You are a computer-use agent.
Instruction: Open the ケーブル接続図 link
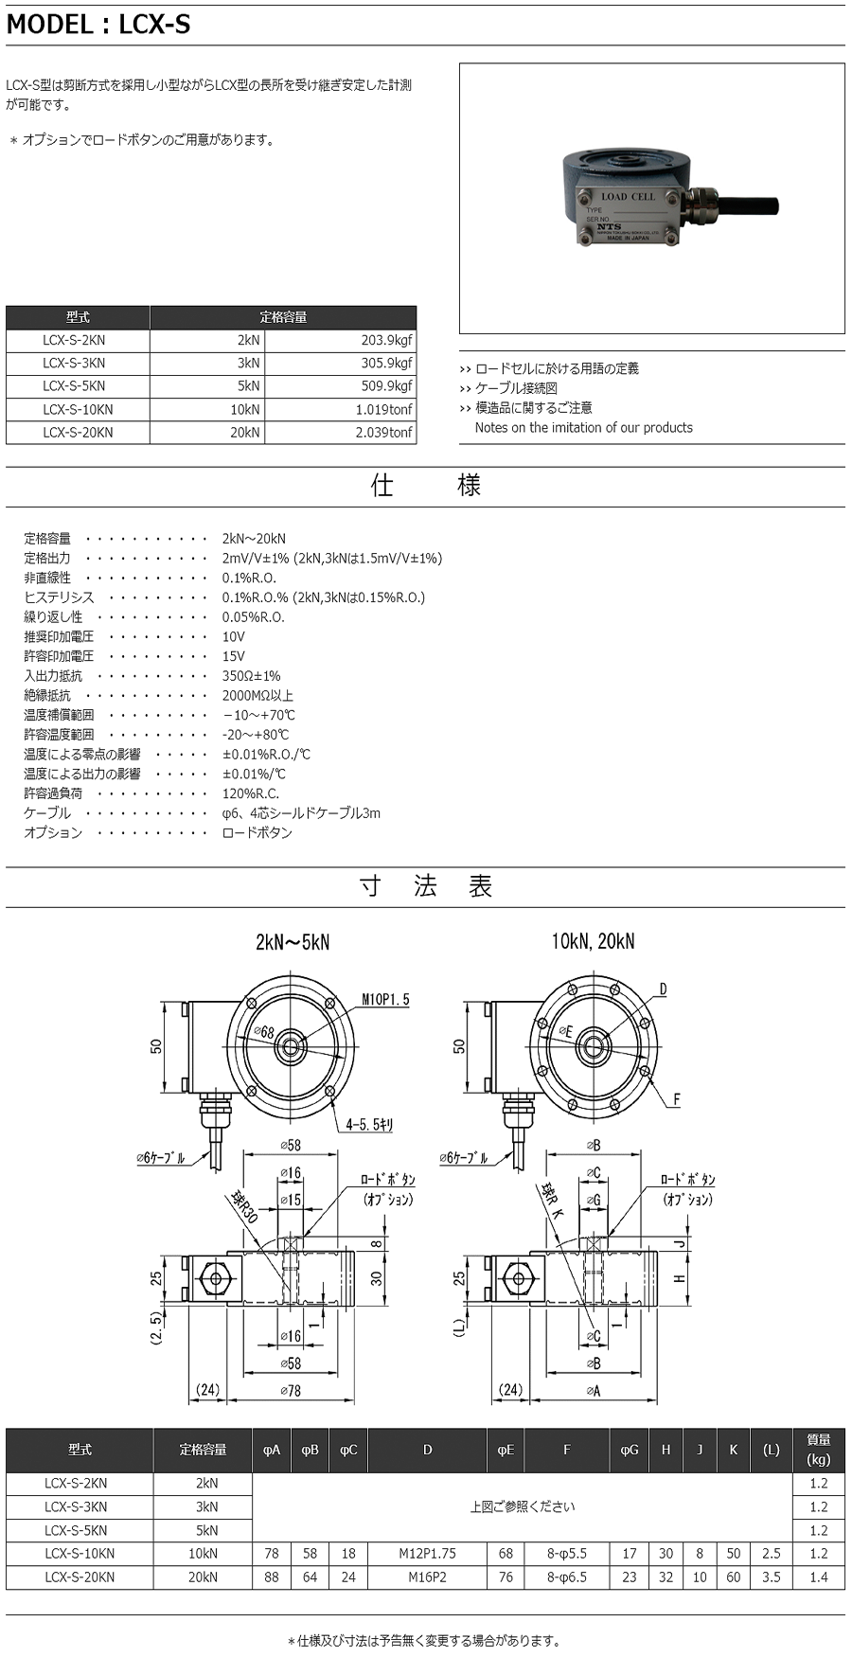coord(516,388)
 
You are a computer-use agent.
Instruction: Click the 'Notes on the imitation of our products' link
coord(583,428)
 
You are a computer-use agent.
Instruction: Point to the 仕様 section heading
coord(425,486)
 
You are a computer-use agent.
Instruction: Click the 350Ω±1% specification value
coord(251,676)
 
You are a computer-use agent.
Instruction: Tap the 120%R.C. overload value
coord(250,793)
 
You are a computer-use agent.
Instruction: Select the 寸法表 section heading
coord(425,887)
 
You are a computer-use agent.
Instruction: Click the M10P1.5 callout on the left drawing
coord(385,1000)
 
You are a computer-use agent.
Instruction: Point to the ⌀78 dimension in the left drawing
coord(291,1390)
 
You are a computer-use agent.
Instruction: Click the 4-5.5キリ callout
coord(369,1125)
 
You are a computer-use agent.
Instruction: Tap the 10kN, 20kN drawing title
coord(593,942)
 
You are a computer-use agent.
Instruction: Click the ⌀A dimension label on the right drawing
coord(593,1390)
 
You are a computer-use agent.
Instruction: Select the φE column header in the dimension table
coord(506,1450)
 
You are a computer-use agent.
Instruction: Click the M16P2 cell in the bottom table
coord(427,1577)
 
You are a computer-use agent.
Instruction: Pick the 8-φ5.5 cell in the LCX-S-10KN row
coord(566,1553)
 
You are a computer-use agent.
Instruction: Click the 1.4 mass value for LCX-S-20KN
coord(818,1577)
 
